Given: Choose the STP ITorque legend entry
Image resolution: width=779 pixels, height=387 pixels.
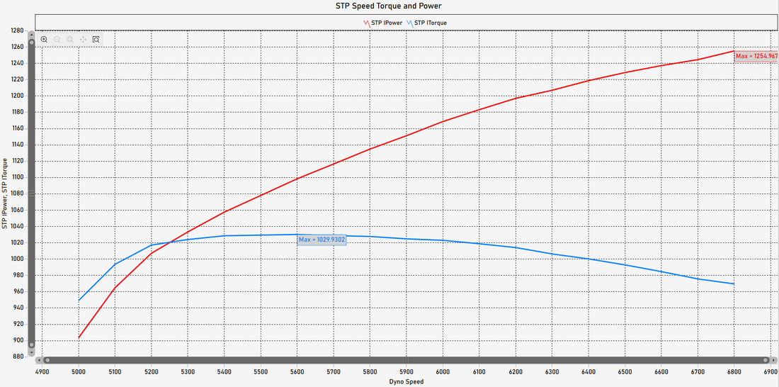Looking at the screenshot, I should pyautogui.click(x=430, y=23).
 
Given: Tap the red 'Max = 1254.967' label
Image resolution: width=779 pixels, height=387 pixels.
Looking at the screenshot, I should pyautogui.click(x=756, y=56).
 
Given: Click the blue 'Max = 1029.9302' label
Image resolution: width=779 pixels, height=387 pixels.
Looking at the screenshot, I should pyautogui.click(x=322, y=240).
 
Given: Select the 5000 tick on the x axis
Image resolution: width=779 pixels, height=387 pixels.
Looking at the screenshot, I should pyautogui.click(x=79, y=371).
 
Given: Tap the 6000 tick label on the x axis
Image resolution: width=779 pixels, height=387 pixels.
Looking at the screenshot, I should pyautogui.click(x=443, y=371).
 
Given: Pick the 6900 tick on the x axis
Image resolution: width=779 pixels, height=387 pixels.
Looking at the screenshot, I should pyautogui.click(x=771, y=371).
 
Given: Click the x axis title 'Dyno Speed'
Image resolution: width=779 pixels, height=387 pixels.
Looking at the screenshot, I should pyautogui.click(x=406, y=382).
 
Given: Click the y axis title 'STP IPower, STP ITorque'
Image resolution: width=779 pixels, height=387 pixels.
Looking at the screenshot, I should pyautogui.click(x=5, y=193).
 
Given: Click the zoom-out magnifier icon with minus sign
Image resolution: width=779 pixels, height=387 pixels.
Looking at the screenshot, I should pyautogui.click(x=57, y=40).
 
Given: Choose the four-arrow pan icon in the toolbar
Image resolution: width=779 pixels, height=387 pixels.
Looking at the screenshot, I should pyautogui.click(x=83, y=40).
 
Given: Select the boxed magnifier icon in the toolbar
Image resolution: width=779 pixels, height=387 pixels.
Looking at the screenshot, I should pyautogui.click(x=96, y=40).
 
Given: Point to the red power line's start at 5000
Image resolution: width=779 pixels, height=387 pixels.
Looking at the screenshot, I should pyautogui.click(x=79, y=337).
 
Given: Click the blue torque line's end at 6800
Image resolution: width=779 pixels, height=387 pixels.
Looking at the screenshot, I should pyautogui.click(x=734, y=284).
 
